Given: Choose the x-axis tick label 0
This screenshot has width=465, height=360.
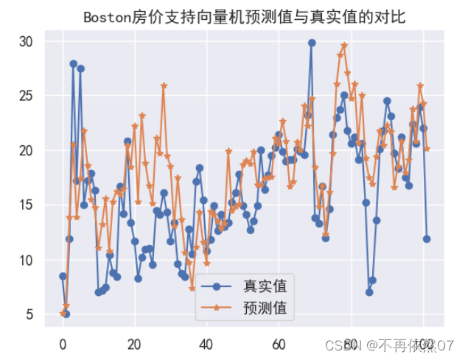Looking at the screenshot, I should coord(63,344).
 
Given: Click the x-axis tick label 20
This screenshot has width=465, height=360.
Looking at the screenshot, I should coord(134,344).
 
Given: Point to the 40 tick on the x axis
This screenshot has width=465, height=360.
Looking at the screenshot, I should coord(206,344).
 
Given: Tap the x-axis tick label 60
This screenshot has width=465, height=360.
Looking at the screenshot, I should coord(279,344).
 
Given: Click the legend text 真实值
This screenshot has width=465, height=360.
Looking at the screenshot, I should coord(265,285).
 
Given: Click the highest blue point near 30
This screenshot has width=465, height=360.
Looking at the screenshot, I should coord(312,43).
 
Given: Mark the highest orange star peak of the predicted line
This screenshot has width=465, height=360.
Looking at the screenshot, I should coord(344,46).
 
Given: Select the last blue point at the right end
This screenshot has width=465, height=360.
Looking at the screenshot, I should coord(427,239).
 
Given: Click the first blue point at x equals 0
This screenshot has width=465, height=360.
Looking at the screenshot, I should coord(63,276).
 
